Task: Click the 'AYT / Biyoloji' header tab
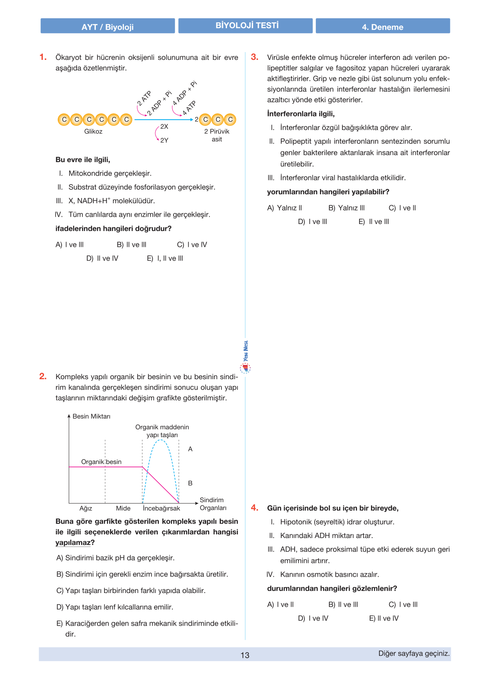pos(108,26)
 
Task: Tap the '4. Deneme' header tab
pos(383,26)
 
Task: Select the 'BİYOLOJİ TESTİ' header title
pos(247,25)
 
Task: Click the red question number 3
pos(255,57)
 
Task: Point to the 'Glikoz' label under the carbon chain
pos(93,131)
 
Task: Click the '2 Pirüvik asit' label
pos(217,135)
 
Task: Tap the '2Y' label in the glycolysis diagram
pos(164,140)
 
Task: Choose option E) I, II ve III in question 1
pos(165,258)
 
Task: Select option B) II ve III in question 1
pos(132,244)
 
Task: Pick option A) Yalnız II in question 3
pos(284,208)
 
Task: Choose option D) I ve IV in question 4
pos(313,618)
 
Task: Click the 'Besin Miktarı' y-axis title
pos(91,416)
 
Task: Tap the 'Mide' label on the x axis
pos(123,508)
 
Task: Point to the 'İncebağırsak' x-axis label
pos(161,508)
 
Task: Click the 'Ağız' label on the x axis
pos(86,508)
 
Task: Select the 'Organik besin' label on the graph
pos(101,461)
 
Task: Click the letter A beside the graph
pos(190,449)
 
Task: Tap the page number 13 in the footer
pos(245,655)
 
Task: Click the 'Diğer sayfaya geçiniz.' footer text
pos(414,653)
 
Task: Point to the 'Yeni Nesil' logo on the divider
pos(245,357)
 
